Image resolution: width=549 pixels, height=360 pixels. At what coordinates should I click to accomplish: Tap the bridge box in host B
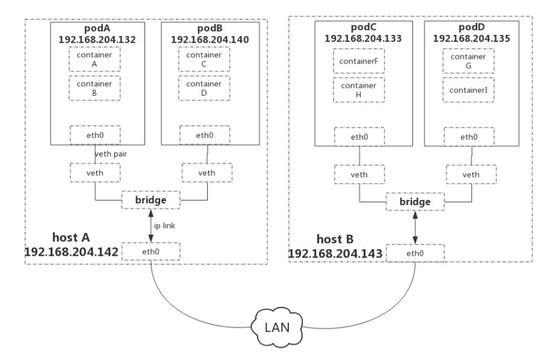pos(416,202)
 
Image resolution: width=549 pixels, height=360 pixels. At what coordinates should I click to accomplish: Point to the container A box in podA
pos(95,60)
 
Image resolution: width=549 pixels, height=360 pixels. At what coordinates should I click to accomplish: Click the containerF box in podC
pos(358,61)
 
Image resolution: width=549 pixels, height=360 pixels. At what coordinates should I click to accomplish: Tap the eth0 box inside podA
pos(95,134)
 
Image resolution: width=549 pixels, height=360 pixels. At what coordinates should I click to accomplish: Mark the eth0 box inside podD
pos(469,137)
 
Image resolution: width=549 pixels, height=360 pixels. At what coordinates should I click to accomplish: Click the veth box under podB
pos(206,173)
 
